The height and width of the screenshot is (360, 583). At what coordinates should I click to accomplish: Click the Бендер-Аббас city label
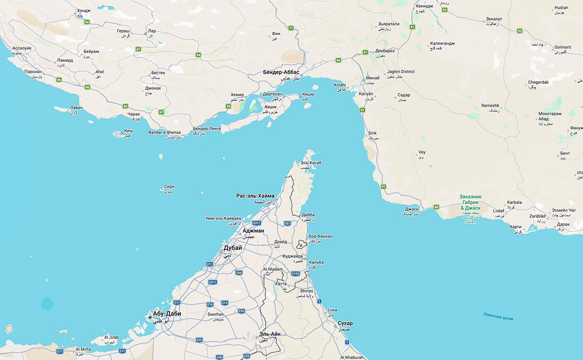click(x=281, y=72)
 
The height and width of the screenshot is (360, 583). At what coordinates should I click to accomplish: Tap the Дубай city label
click(x=233, y=248)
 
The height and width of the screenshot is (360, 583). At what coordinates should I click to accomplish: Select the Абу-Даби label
click(x=167, y=314)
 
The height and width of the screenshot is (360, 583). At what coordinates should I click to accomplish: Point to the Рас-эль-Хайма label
click(x=255, y=196)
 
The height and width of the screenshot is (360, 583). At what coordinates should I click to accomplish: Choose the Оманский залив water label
click(x=498, y=316)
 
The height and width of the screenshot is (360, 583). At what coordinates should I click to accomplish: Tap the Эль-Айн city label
click(x=270, y=334)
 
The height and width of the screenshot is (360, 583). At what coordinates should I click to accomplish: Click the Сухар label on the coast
click(x=345, y=323)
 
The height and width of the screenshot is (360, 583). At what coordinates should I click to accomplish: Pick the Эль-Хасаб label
click(x=311, y=162)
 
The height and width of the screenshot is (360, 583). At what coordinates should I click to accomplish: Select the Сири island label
click(x=169, y=187)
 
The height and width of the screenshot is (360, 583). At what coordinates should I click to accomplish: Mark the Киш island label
click(x=128, y=131)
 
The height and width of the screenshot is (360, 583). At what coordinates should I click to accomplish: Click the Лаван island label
click(x=77, y=108)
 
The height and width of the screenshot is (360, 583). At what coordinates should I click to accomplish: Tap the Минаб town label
click(x=373, y=78)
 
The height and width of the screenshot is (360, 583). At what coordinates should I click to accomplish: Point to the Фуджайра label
click(x=292, y=256)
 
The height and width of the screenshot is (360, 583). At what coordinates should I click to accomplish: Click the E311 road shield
click(x=257, y=223)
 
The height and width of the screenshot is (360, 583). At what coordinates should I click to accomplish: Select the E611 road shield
click(x=213, y=282)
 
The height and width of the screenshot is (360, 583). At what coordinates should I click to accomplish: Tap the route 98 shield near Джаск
click(x=436, y=207)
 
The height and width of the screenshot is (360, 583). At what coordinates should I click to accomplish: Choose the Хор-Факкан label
click(x=321, y=237)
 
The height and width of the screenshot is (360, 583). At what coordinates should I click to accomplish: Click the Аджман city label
click(x=253, y=231)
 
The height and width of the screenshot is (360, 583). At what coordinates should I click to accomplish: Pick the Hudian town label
click(x=561, y=8)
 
